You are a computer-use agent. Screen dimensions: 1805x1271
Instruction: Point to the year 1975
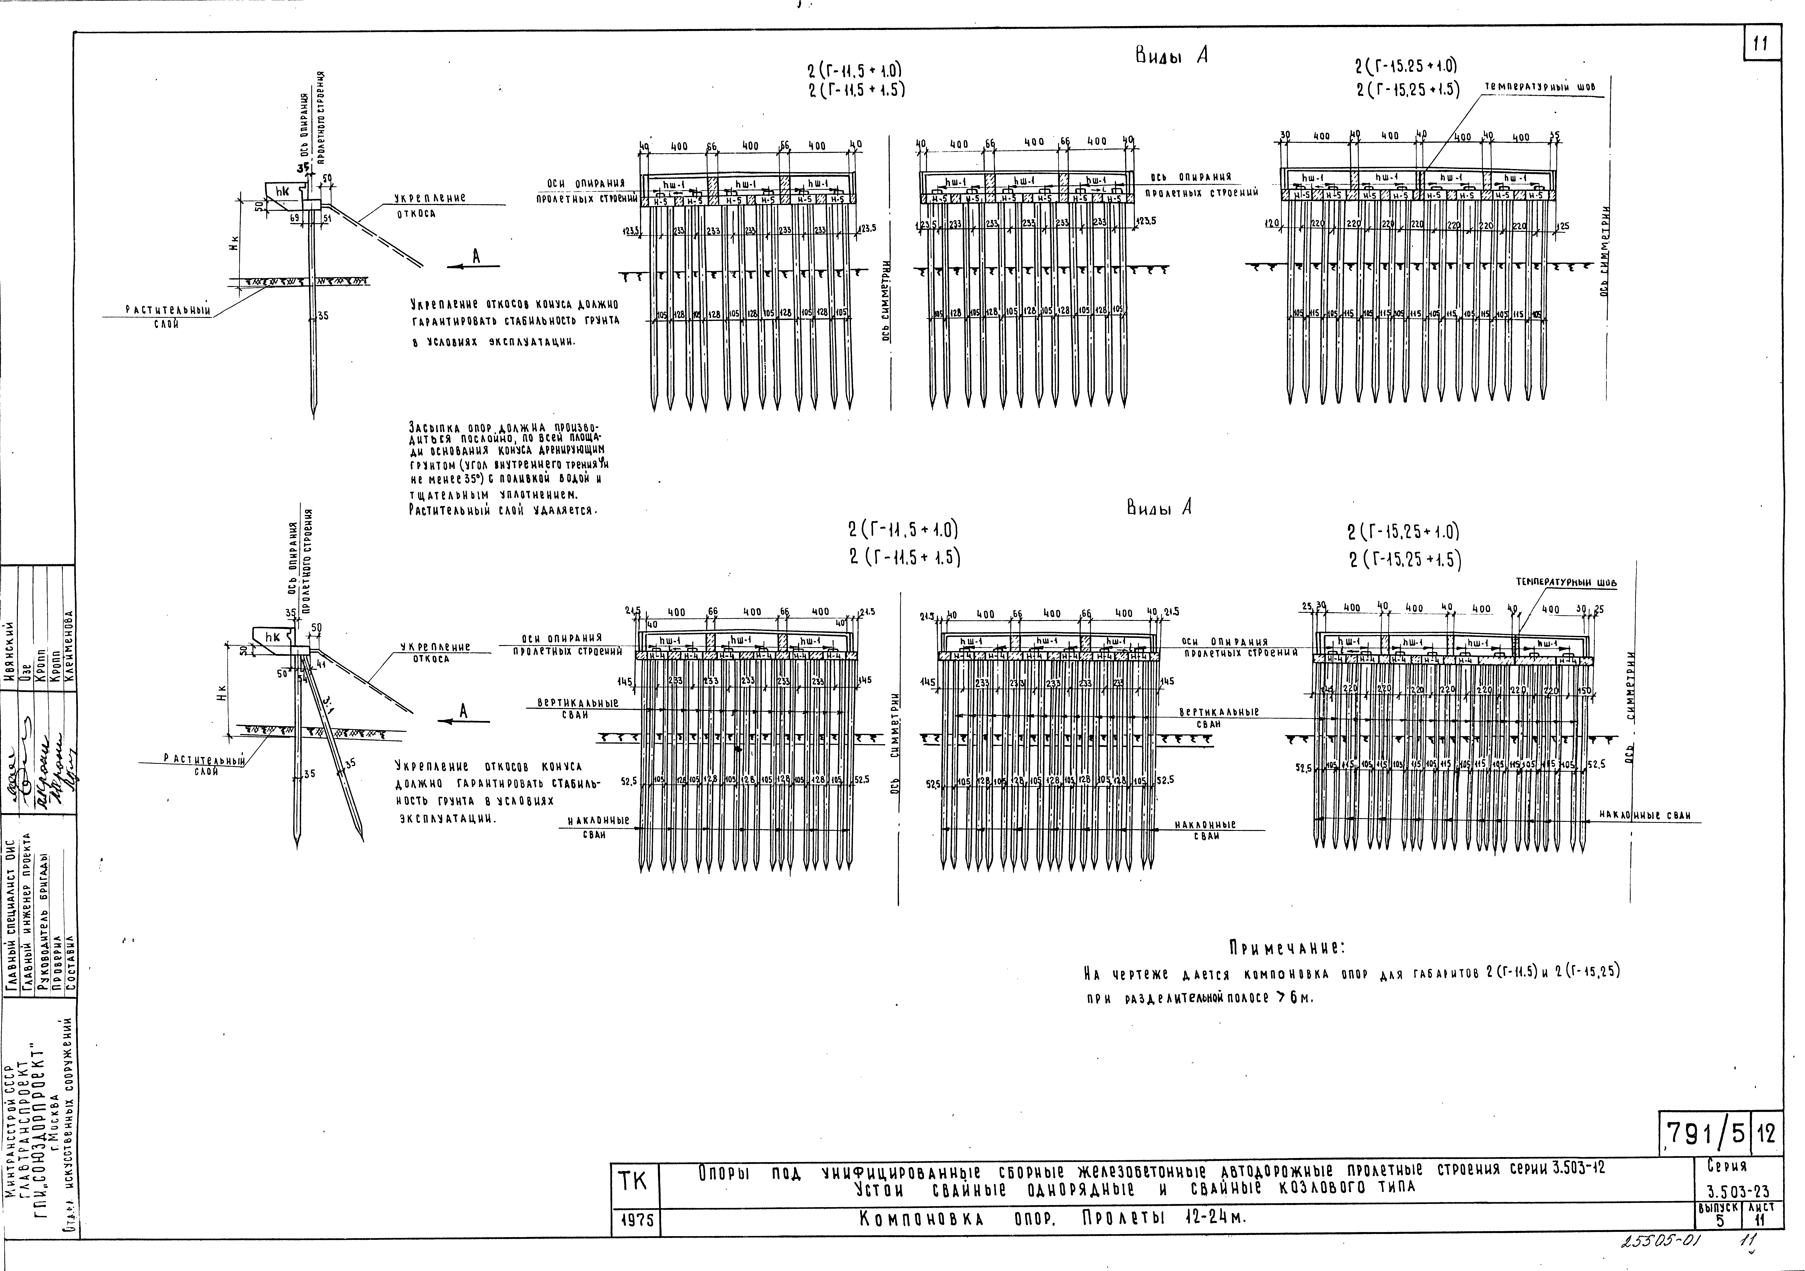coord(634,1221)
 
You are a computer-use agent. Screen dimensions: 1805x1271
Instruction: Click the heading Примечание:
coord(1287,947)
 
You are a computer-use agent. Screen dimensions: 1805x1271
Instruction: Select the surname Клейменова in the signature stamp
coord(68,649)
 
